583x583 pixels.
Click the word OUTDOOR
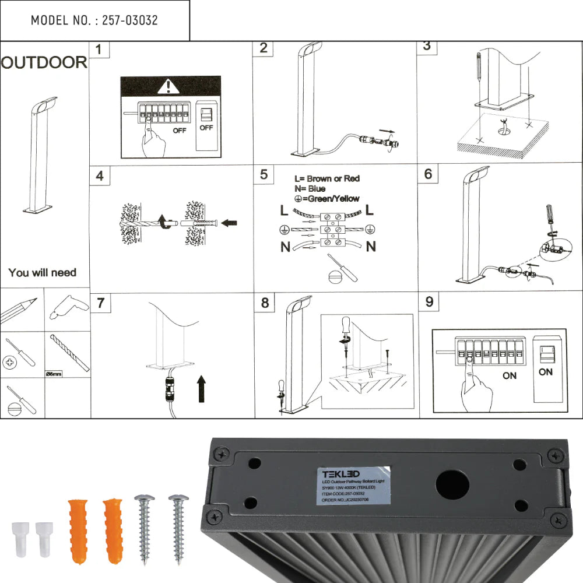[44, 63]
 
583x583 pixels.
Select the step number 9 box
[430, 301]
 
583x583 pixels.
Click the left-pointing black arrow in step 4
[229, 222]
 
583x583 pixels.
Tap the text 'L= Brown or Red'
[327, 178]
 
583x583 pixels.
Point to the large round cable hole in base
[452, 485]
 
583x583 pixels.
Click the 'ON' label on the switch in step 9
[546, 372]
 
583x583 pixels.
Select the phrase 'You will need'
[42, 272]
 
